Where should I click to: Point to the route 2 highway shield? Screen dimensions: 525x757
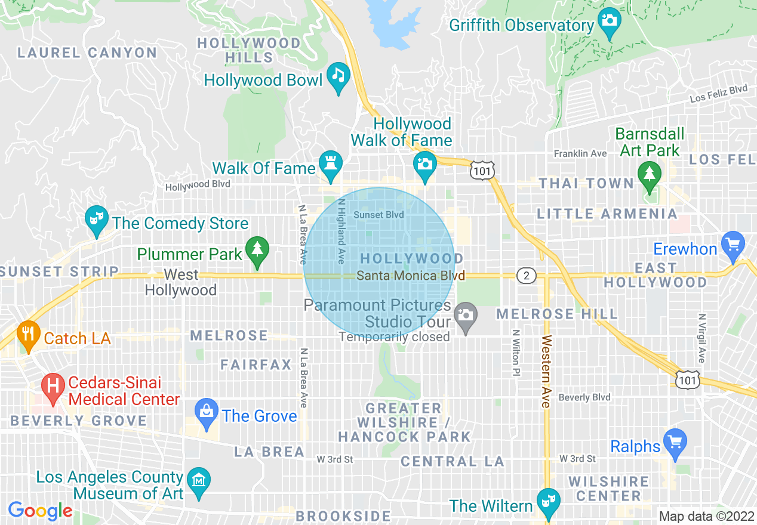pyautogui.click(x=526, y=276)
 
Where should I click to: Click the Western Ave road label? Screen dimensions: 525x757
pyautogui.click(x=546, y=372)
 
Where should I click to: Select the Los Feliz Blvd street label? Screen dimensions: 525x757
pyautogui.click(x=718, y=93)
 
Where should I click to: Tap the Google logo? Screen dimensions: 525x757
pyautogui.click(x=40, y=511)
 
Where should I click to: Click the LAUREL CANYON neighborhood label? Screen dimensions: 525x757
pyautogui.click(x=87, y=52)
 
